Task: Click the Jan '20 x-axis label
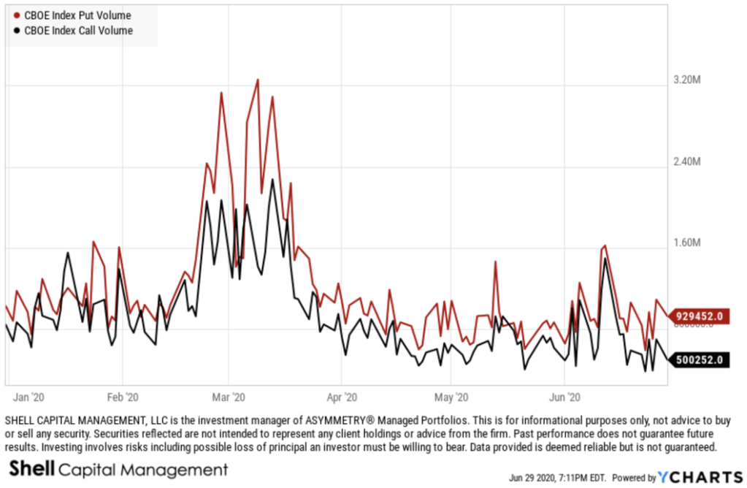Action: pos(30,397)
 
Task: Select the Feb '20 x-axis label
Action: pos(122,397)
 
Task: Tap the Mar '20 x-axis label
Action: pos(229,397)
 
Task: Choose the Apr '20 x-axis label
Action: pos(342,397)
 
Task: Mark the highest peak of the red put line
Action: pos(258,80)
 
